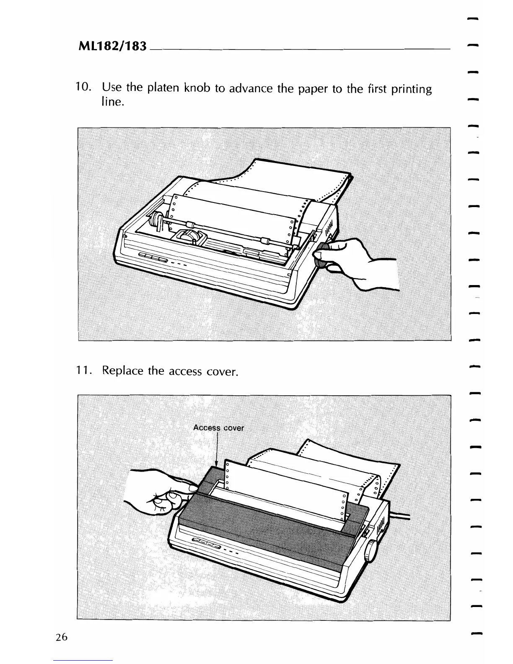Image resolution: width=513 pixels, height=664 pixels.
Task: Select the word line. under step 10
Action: click(112, 102)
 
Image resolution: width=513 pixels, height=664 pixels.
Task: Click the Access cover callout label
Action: click(218, 428)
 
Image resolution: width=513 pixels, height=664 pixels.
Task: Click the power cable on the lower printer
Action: click(400, 515)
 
